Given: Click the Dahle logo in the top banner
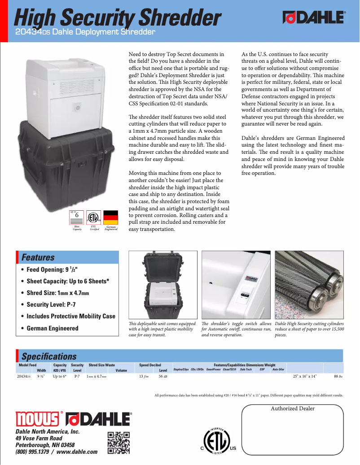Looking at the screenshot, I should point(314,17).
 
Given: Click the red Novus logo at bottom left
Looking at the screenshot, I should point(38,418).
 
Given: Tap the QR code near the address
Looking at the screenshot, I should point(119,443).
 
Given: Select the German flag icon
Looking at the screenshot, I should point(110,217).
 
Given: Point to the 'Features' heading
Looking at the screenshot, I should point(38,257).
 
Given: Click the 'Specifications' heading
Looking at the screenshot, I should point(49,356).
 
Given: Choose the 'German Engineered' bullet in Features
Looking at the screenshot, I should point(52,328).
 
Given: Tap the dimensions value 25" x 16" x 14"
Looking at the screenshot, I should point(305,377).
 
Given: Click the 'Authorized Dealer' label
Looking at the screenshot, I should point(293,409).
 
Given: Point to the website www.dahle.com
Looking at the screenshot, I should point(77,452).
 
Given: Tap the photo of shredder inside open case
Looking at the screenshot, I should point(162,284).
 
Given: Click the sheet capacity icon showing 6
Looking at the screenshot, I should point(77,217).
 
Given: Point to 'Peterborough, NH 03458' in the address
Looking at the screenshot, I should point(45,445).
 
